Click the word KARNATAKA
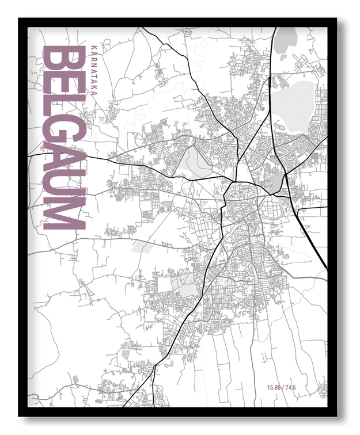click(x=94, y=72)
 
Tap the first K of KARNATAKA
click(x=94, y=47)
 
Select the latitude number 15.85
click(x=274, y=387)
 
